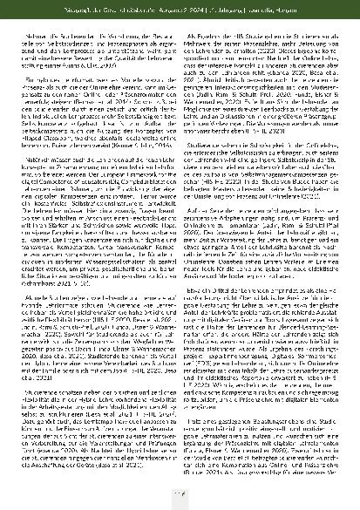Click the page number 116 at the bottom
[180, 494]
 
